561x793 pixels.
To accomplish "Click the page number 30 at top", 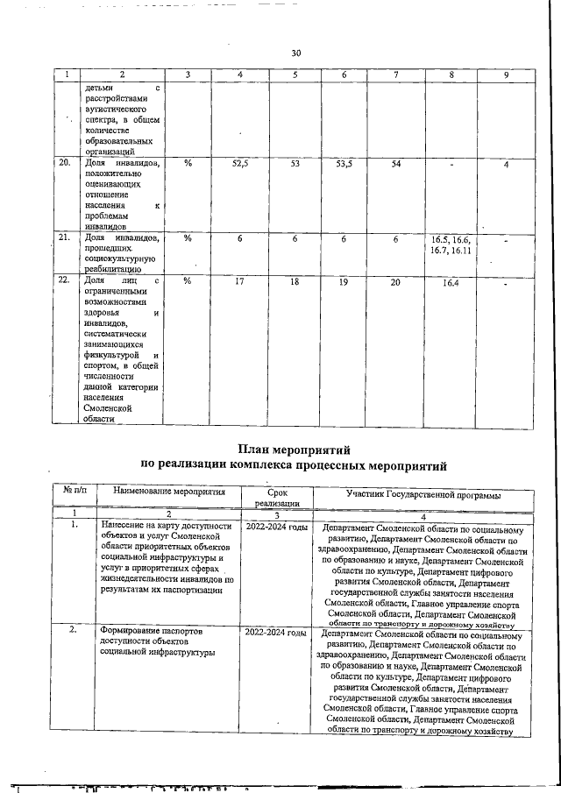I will coord(295,54).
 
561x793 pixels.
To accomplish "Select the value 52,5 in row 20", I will coord(240,164).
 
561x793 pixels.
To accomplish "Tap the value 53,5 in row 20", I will coord(344,164).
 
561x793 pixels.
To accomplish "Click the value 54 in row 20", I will coord(396,164).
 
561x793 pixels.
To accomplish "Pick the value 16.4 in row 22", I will coord(451,283).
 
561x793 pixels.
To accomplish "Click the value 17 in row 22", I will coord(240,282).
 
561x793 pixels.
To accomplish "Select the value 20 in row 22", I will coord(396,282).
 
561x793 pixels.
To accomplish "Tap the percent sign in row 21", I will coord(188,238).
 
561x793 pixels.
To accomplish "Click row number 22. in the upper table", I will coord(63,281).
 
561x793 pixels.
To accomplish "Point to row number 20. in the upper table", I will coord(63,163).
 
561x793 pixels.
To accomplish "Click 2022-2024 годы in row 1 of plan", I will coord(276,528).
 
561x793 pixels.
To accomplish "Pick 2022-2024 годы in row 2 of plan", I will coord(275,632).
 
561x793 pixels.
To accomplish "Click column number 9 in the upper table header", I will coord(506,75).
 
